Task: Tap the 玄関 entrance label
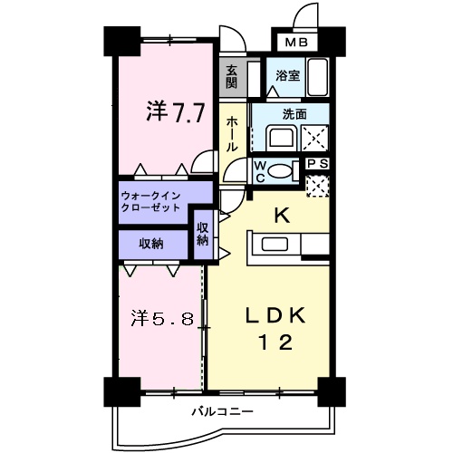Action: tap(232, 76)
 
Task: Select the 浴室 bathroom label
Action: tap(288, 76)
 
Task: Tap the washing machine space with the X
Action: tap(313, 139)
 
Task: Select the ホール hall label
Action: tap(232, 133)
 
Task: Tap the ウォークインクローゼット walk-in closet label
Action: tap(151, 201)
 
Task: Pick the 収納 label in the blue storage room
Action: tap(150, 243)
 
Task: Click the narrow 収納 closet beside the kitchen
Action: tap(202, 234)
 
